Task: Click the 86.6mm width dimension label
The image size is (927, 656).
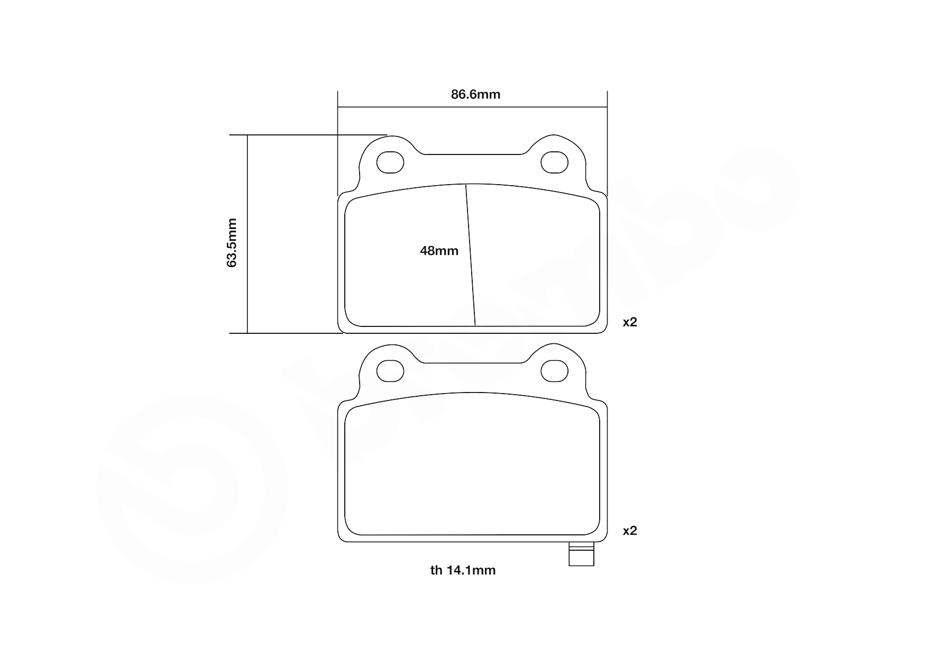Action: [475, 95]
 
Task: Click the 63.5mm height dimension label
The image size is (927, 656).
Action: [232, 242]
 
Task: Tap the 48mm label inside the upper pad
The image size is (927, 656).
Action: [439, 251]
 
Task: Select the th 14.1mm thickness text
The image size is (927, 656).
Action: [463, 570]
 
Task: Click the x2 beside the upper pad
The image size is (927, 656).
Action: [629, 322]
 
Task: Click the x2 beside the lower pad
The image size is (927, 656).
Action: [629, 530]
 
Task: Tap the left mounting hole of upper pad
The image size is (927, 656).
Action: [390, 162]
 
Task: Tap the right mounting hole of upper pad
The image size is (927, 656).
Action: [554, 162]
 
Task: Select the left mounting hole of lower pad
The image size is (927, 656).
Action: [390, 370]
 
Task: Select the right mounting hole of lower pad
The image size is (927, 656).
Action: [554, 370]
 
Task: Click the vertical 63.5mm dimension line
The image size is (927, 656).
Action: [247, 286]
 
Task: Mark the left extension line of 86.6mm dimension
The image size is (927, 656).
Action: [338, 143]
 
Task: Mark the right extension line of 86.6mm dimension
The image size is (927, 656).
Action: [607, 143]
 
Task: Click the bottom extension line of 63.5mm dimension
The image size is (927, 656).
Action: [286, 333]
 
